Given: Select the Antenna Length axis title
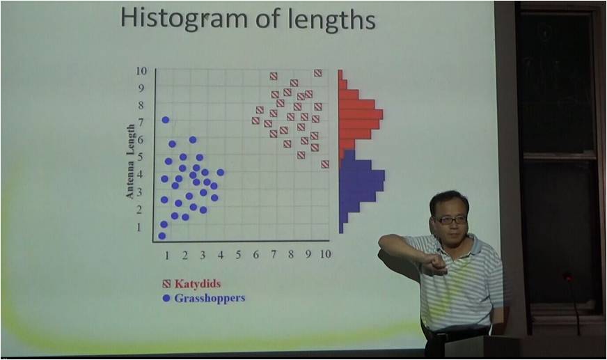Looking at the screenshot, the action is [131, 162].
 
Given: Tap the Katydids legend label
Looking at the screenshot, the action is [198, 283].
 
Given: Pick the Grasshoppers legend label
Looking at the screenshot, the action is [210, 298].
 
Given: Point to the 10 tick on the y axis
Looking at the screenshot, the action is [141, 71].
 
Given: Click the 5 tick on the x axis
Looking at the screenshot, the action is [237, 254].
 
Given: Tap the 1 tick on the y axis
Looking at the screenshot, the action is [139, 227].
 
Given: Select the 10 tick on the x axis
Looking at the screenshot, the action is [325, 254].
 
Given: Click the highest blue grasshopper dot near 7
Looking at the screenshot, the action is [165, 120].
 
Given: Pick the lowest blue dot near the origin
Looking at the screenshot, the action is [162, 236].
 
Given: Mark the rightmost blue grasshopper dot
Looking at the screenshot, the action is [220, 172].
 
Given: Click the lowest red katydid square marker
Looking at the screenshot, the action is [325, 164].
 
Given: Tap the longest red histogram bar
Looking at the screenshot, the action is [361, 114].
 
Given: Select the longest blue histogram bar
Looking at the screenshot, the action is [362, 175].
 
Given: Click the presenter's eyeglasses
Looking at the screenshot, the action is [451, 220].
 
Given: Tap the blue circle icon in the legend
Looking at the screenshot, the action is [166, 298].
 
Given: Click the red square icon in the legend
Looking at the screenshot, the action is [166, 283].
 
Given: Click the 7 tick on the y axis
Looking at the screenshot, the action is [140, 123].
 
